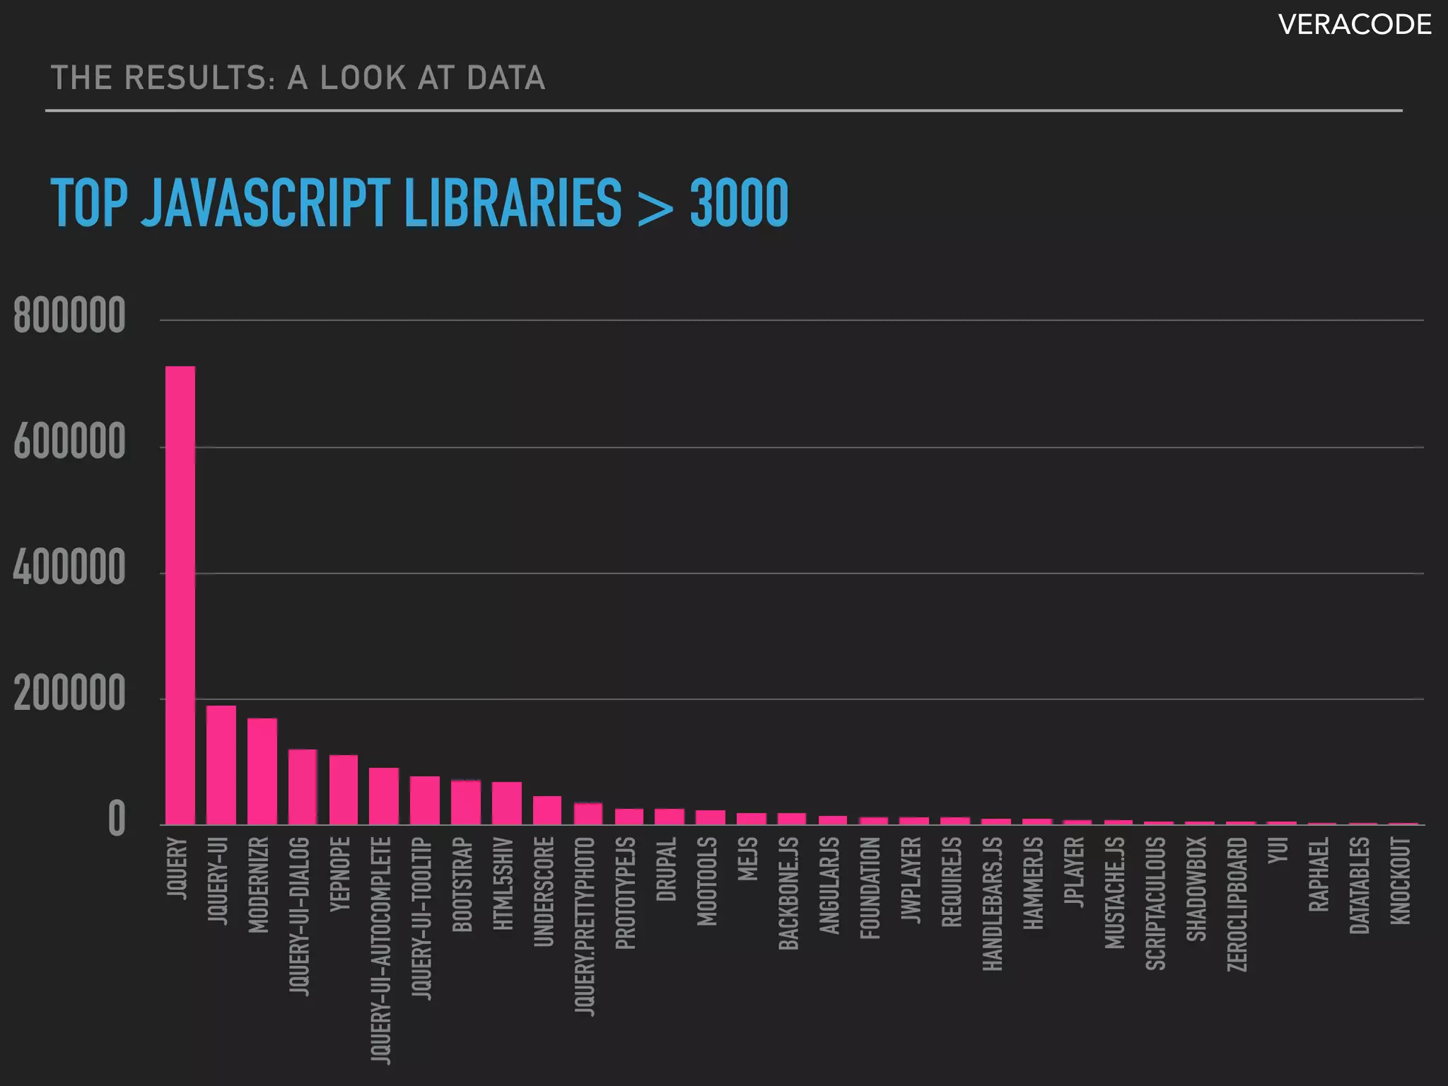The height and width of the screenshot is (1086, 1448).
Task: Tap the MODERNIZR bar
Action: tap(262, 771)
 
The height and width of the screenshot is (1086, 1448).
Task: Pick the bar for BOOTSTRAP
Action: tap(466, 802)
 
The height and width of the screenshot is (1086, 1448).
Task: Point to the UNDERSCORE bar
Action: tap(547, 810)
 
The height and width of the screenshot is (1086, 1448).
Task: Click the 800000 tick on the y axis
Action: tap(69, 316)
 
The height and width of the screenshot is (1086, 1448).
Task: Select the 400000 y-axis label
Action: tap(69, 568)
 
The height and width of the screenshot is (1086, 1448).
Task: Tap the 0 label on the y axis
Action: tap(117, 820)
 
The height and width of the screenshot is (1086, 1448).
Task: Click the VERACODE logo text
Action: tap(1355, 25)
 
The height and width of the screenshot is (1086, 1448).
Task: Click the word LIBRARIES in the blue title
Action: tap(513, 204)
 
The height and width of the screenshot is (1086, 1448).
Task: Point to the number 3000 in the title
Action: tap(739, 204)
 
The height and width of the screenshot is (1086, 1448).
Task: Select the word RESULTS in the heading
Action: tap(200, 78)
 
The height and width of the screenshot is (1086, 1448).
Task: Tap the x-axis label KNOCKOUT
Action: tap(1400, 880)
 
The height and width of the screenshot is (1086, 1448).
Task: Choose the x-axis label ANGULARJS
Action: tap(829, 885)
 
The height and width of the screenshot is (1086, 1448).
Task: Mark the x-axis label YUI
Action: tap(1278, 851)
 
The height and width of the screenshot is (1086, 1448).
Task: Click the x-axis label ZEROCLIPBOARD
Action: tap(1237, 904)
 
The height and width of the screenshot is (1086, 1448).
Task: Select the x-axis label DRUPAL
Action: tap(666, 869)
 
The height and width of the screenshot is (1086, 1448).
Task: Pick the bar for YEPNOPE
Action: tap(344, 790)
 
